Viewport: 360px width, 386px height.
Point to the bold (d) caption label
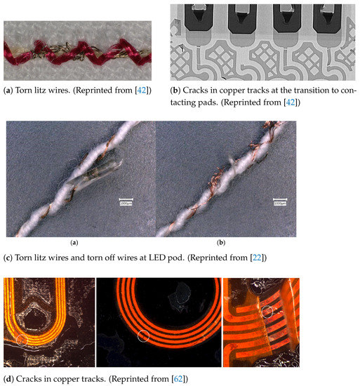pos(11,380)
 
